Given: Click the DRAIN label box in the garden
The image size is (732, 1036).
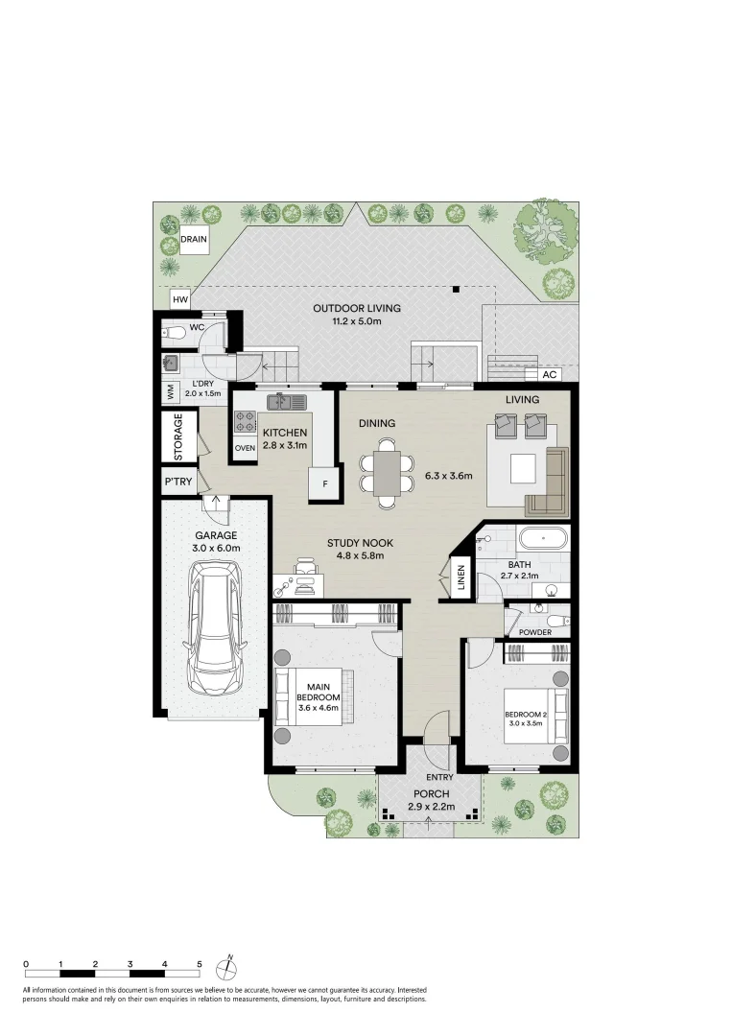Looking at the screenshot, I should (x=194, y=240).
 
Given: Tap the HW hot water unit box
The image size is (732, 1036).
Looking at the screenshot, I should (x=179, y=300).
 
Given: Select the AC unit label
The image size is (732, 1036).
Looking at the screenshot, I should (x=550, y=374).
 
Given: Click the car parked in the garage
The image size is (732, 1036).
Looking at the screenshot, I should (x=216, y=628).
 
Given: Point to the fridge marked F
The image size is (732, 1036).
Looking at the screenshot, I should (x=324, y=484).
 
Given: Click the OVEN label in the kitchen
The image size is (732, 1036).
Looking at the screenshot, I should (x=245, y=447).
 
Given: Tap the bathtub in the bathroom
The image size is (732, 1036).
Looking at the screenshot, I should (x=543, y=538).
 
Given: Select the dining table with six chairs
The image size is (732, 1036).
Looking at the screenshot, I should (x=386, y=472).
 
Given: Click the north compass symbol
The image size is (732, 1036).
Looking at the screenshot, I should (x=227, y=965).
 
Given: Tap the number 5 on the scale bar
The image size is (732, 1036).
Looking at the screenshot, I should (x=200, y=963).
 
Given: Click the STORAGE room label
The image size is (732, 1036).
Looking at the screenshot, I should (x=178, y=436).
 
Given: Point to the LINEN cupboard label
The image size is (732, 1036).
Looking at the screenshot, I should (x=460, y=578).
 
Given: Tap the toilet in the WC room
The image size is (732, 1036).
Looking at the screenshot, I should (x=173, y=334).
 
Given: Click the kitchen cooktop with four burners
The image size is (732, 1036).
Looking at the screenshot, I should (x=245, y=420).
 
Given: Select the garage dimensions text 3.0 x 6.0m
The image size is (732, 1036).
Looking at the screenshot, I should (x=217, y=548).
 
